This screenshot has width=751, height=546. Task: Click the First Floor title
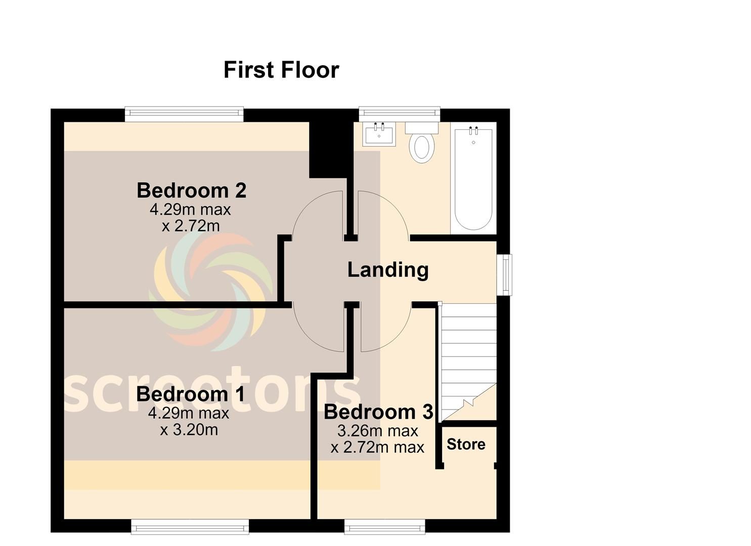(x=281, y=70)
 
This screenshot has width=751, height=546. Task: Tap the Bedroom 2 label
(x=192, y=191)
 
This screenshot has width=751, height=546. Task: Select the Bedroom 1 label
(x=191, y=394)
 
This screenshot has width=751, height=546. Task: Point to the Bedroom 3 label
(x=378, y=412)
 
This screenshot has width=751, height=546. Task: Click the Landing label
(x=388, y=270)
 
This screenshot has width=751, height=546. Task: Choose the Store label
(x=466, y=444)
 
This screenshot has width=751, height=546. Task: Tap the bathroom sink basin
(x=380, y=134)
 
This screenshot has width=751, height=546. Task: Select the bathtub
(x=473, y=178)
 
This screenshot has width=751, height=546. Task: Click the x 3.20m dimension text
(x=189, y=430)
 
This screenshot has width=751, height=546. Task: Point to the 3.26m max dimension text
(x=378, y=431)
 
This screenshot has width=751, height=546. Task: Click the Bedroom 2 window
(x=184, y=114)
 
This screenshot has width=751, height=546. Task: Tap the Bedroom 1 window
(x=190, y=527)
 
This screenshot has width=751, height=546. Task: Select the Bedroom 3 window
(x=385, y=527)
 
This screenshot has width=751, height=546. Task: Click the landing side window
(x=504, y=275)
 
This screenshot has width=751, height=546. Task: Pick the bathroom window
(x=400, y=114)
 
